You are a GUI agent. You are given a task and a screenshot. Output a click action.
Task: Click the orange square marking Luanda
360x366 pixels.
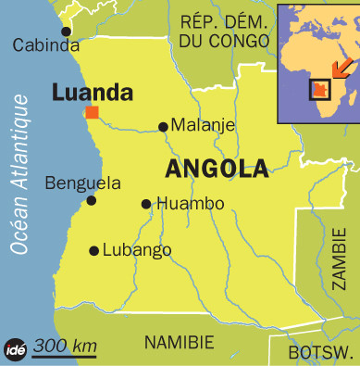[92, 112]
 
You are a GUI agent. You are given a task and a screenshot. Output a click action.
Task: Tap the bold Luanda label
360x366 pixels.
[93, 92]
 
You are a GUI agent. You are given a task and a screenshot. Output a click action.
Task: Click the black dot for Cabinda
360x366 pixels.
[66, 32]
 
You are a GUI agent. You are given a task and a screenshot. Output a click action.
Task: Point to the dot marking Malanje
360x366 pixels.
[163, 127]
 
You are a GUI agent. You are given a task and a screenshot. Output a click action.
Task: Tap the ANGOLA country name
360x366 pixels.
[217, 169]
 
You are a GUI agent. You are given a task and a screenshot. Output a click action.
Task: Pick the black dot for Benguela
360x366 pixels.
[91, 200]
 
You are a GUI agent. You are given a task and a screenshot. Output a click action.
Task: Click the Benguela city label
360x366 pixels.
[82, 182]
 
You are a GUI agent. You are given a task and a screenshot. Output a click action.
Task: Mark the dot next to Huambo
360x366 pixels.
[145, 204]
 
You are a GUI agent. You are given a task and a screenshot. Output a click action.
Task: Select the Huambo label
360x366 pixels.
[190, 204]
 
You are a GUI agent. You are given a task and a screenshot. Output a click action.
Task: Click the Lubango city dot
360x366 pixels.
[93, 250]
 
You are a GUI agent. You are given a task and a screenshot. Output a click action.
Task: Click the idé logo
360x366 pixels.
[17, 347]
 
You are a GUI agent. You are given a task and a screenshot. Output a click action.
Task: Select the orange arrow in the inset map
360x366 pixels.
[341, 69]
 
